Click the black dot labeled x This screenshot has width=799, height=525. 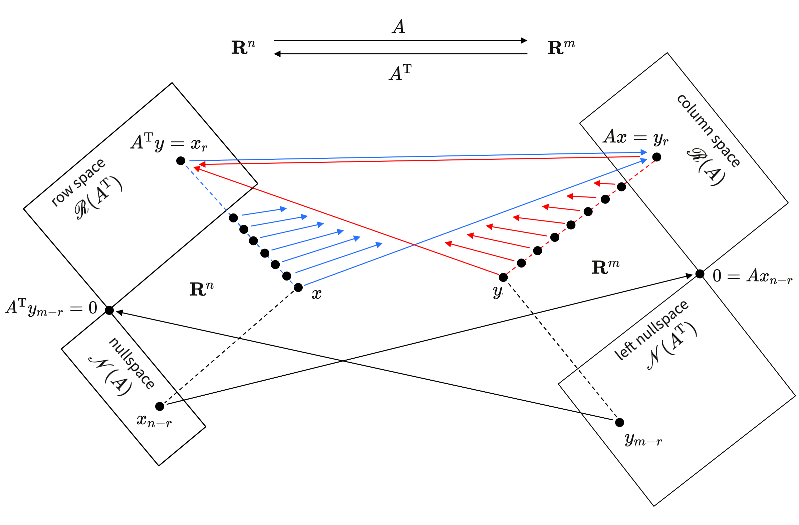point(298,288)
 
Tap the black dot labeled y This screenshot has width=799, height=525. point(503,277)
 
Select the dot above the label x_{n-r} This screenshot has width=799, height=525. point(160,407)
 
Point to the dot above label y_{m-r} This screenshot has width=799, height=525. point(620,422)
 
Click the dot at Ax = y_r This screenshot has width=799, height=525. point(657,157)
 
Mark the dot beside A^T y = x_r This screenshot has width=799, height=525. point(181,161)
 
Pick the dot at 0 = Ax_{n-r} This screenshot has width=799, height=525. point(700,274)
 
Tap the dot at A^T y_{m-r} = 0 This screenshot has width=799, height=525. point(109,310)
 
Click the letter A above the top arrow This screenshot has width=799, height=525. point(398,27)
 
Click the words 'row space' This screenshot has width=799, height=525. point(78,182)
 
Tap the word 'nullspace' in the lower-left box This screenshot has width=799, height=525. point(132,363)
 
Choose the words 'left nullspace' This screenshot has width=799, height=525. point(651,331)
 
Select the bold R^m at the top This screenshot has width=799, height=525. point(561,47)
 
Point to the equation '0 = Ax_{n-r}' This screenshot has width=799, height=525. point(752,276)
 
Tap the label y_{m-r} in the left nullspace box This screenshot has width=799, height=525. point(643,440)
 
